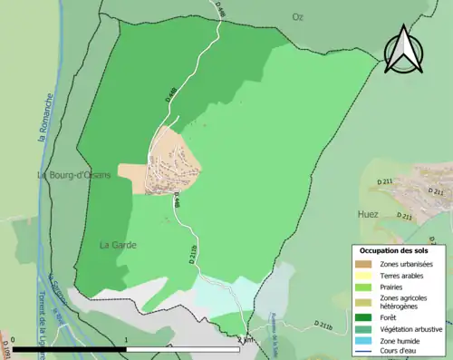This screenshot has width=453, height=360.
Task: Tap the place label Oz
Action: coord(297,17)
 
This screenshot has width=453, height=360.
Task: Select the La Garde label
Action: coord(118,245)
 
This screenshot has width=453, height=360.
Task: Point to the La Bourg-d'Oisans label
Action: coord(72,175)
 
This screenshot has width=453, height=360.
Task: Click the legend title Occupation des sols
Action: coord(394,249)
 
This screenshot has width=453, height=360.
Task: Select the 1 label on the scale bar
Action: coord(125,339)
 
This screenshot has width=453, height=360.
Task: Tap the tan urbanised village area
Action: coord(172,163)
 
